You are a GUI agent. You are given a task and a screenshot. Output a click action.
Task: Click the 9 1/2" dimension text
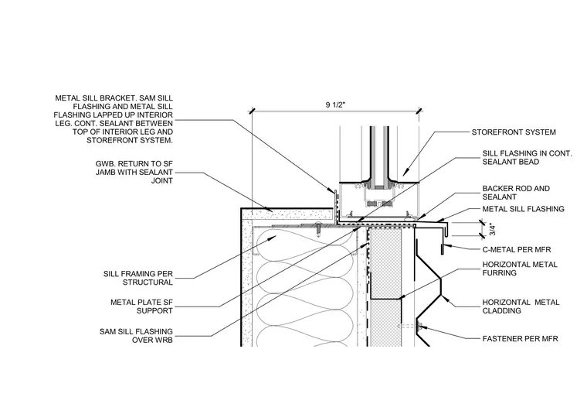tap(335, 104)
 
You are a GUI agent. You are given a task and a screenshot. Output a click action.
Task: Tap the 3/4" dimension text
tap(493, 230)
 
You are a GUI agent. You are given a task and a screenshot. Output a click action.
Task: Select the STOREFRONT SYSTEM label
tap(514, 132)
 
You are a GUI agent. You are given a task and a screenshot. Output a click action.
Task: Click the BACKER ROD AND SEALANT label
tap(516, 193)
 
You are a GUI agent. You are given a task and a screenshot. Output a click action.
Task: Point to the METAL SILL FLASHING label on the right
tap(523, 209)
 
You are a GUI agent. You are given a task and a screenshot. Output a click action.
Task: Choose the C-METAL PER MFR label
tap(516, 249)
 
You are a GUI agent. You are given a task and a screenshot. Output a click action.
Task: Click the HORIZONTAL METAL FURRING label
tap(520, 269)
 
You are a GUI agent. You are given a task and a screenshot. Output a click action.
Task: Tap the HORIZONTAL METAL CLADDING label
tap(521, 306)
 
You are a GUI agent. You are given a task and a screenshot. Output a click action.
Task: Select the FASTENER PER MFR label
tap(520, 339)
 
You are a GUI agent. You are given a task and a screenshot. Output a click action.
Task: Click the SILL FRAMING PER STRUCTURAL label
tap(138, 278)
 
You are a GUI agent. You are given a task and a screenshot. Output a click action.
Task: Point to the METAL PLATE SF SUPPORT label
tap(141, 306)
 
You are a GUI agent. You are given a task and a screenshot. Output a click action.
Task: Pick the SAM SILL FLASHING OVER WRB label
tap(136, 336)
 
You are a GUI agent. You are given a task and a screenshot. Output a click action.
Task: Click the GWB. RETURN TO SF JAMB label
tap(134, 172)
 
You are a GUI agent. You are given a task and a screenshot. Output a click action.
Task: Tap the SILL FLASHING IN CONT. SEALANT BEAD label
tap(527, 158)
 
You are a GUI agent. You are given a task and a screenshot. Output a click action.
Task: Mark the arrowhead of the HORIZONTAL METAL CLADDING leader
tap(443, 296)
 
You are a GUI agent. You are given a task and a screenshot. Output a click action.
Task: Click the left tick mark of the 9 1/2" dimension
tap(252, 111)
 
